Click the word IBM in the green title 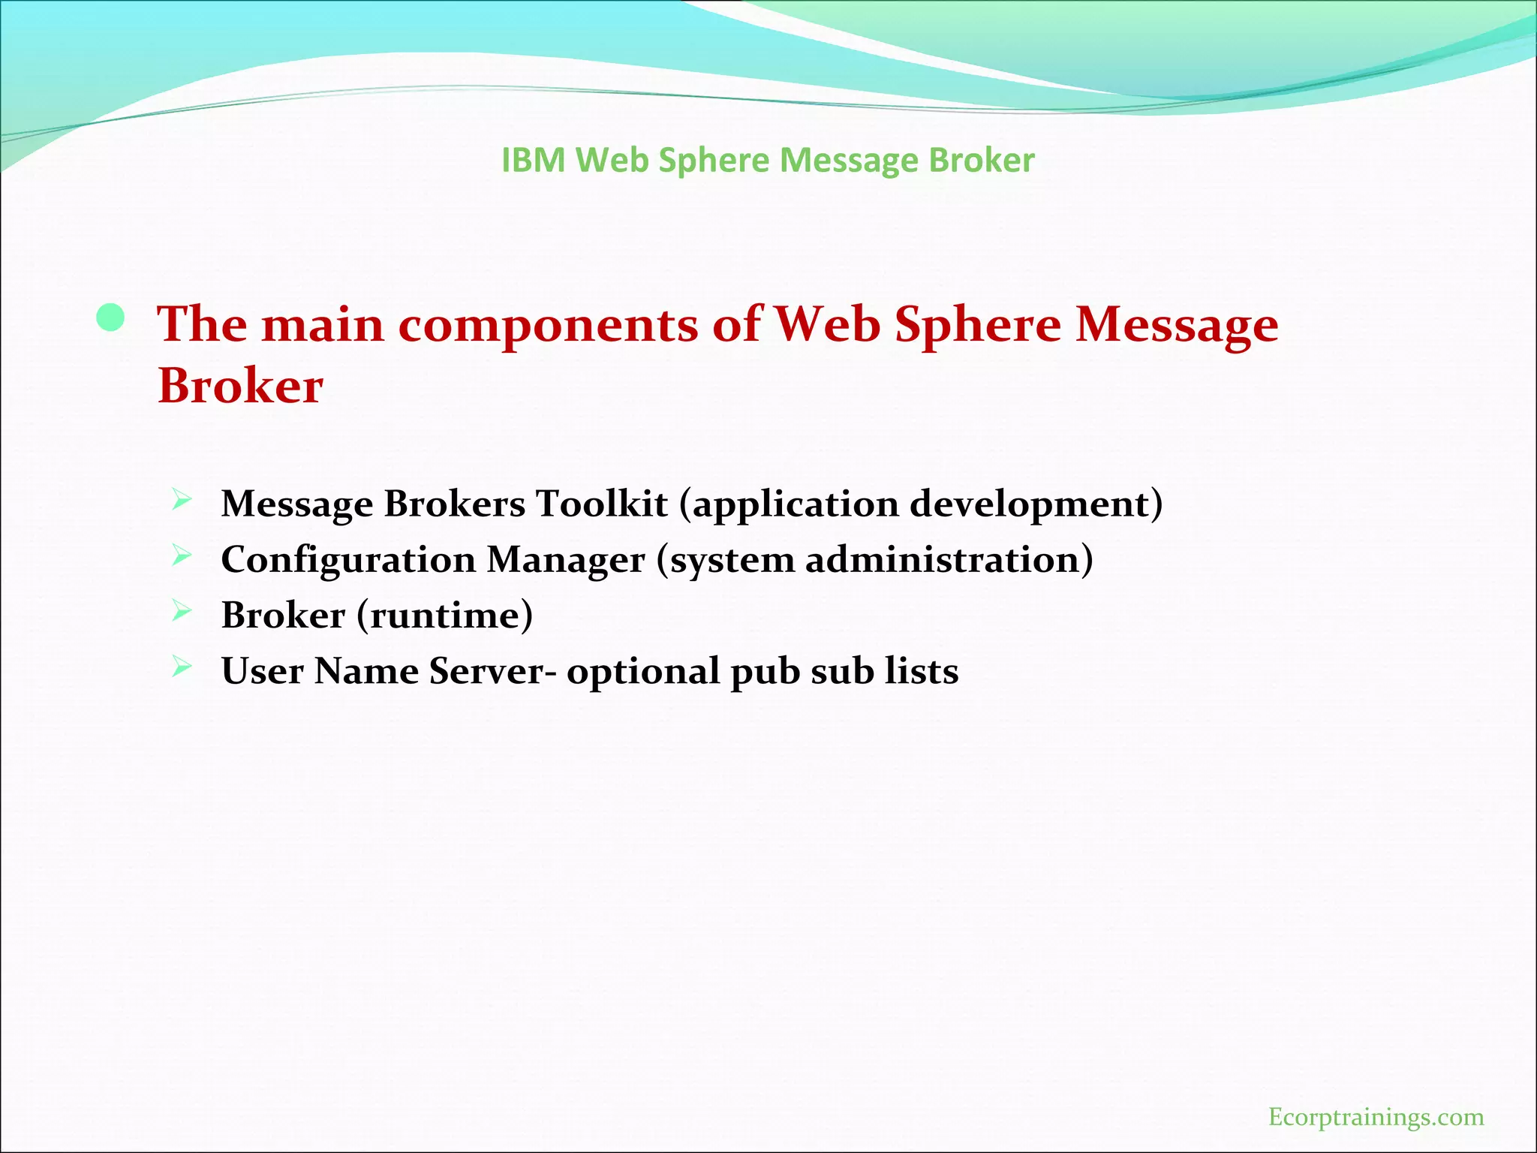[x=533, y=161]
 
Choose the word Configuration [x=348, y=561]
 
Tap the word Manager [x=566, y=561]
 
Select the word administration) [x=949, y=559]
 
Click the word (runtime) [x=444, y=616]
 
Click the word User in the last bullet [x=262, y=671]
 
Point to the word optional [x=643, y=672]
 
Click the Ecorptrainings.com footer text [x=1376, y=1117]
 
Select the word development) [x=1036, y=504]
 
